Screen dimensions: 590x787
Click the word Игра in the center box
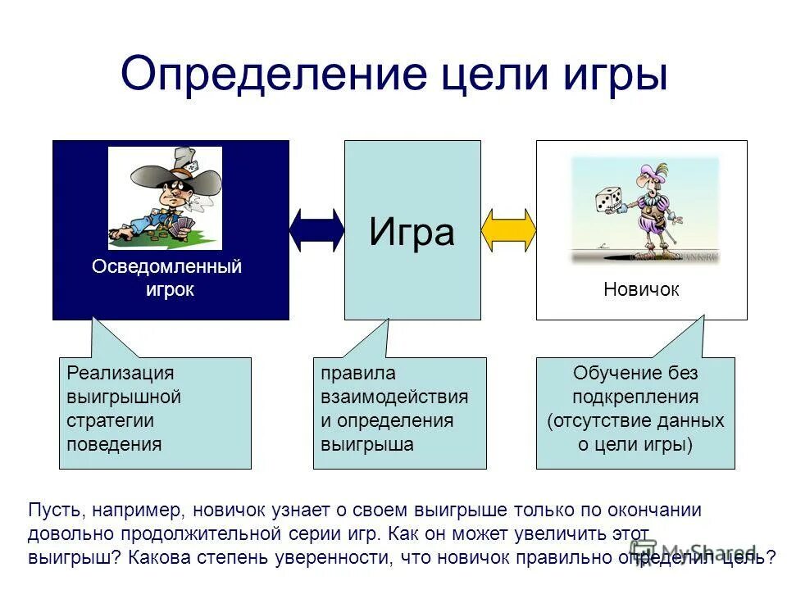412,231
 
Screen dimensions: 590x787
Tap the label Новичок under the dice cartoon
641,289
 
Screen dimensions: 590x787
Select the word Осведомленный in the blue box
167,267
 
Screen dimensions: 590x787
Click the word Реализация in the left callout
121,374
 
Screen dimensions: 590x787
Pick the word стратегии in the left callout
111,421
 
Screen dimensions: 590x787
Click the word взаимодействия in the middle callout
394,397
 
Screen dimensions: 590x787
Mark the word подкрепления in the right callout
635,397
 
